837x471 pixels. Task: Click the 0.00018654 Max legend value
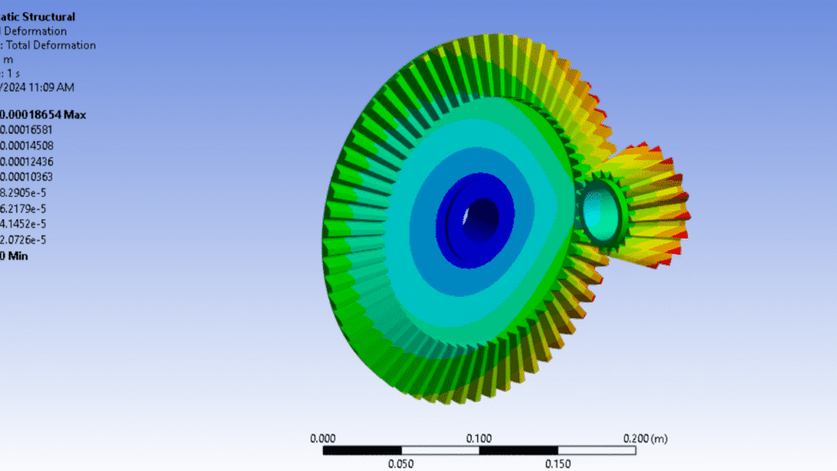click(43, 114)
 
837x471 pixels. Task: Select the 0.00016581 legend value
click(32, 130)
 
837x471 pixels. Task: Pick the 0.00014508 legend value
click(32, 146)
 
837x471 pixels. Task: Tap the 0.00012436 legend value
click(32, 161)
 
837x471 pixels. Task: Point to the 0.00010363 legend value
click(32, 177)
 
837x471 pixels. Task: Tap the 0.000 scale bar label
click(324, 438)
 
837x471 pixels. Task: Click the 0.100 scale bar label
click(480, 438)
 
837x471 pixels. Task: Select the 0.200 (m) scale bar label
click(645, 438)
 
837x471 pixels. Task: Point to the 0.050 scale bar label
click(401, 464)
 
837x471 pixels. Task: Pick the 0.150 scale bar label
click(558, 464)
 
